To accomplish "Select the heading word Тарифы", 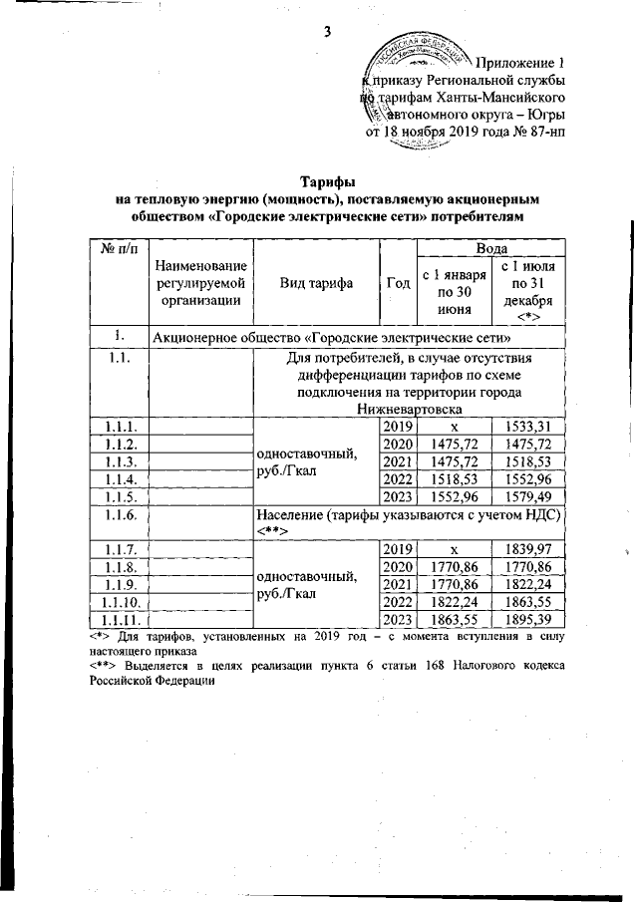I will [x=328, y=181].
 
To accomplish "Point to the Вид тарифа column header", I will [x=316, y=283].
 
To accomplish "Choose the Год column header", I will [x=398, y=283].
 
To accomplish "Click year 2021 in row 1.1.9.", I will [x=398, y=584].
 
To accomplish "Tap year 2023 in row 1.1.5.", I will [x=398, y=497].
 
